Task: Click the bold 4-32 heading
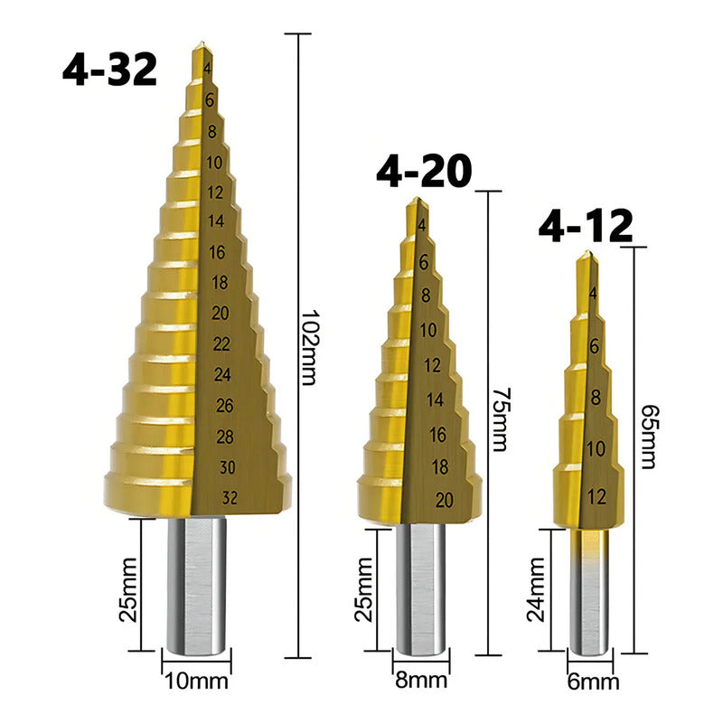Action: click(109, 70)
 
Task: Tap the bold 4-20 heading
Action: click(424, 171)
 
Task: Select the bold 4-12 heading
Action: click(586, 225)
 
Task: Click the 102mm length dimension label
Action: click(309, 347)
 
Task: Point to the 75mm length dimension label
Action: click(501, 419)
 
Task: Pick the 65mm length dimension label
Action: click(650, 437)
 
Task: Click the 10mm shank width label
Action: click(196, 681)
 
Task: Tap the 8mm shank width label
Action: click(421, 681)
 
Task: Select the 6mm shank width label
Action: click(593, 682)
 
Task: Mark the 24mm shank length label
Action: click(536, 590)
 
